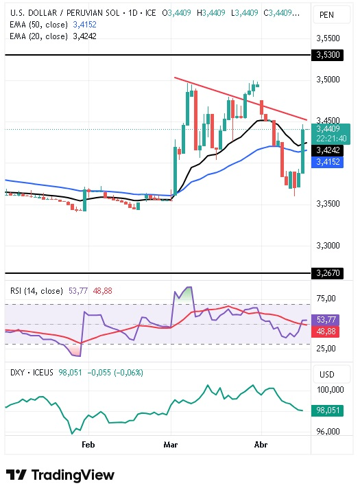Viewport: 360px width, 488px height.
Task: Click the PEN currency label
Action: click(x=327, y=14)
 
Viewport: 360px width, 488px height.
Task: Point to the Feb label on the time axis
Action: click(x=88, y=444)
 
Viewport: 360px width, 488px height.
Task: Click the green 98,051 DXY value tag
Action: click(x=328, y=410)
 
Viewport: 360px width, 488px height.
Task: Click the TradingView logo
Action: click(x=60, y=475)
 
